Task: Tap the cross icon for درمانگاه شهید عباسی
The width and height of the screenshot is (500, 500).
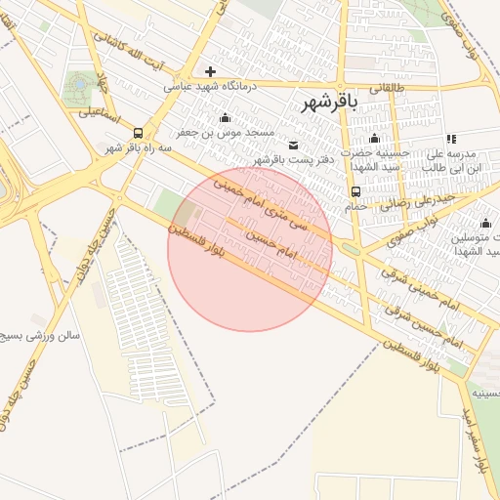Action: click(x=210, y=70)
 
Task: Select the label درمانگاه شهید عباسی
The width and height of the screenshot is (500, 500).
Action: click(x=208, y=86)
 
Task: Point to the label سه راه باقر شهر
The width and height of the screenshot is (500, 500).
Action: click(x=138, y=148)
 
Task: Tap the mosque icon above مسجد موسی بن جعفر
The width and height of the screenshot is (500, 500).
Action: click(x=226, y=118)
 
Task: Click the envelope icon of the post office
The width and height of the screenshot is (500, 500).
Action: click(x=294, y=145)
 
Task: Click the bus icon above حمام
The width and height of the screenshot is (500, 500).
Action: click(x=355, y=191)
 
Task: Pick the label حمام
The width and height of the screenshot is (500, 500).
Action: click(x=355, y=206)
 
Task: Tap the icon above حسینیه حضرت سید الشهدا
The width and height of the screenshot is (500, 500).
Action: click(x=374, y=138)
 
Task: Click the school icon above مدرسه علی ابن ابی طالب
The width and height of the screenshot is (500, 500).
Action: click(x=450, y=140)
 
